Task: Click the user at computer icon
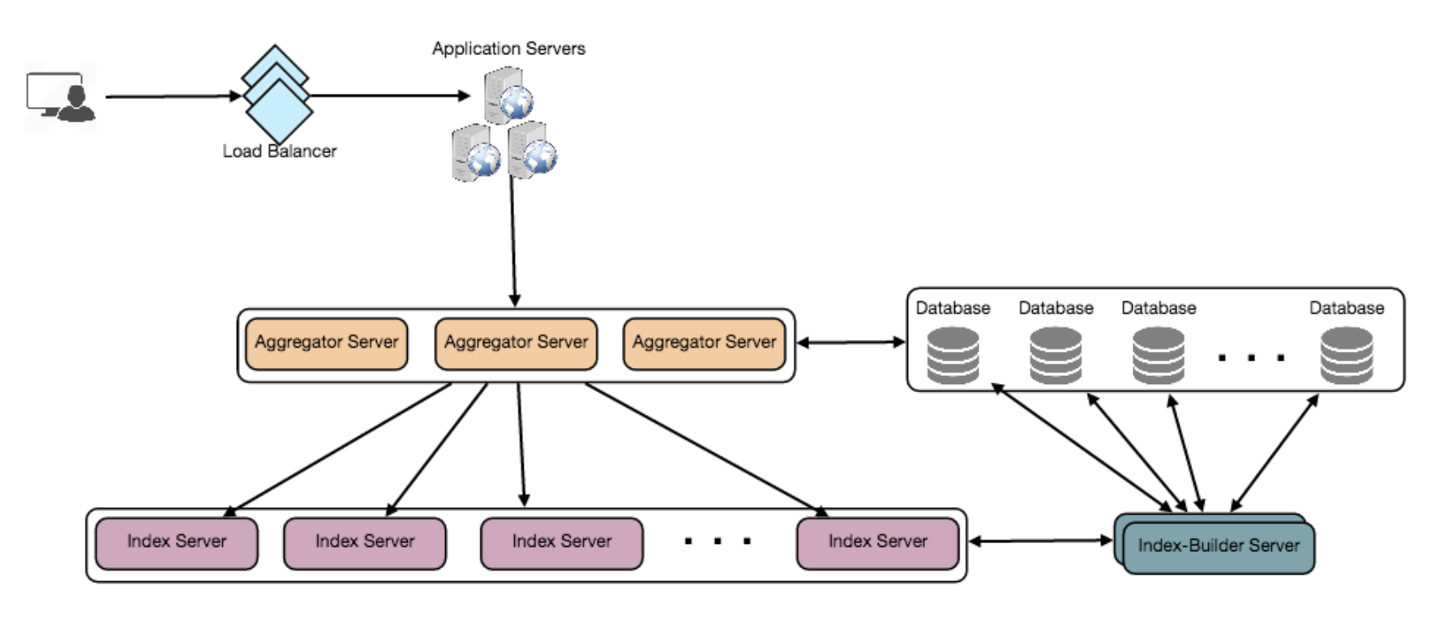[61, 97]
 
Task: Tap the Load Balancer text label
[280, 152]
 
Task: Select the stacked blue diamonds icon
[276, 92]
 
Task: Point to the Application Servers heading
[508, 49]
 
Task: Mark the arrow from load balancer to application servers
[389, 96]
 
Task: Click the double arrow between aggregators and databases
[850, 342]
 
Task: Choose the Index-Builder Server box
[1218, 545]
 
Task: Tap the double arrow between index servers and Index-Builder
[1041, 541]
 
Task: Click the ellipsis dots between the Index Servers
[718, 541]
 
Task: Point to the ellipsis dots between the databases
[1252, 357]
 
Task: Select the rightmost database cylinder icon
[1346, 354]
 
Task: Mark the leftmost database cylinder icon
[953, 354]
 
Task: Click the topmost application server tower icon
[508, 95]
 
